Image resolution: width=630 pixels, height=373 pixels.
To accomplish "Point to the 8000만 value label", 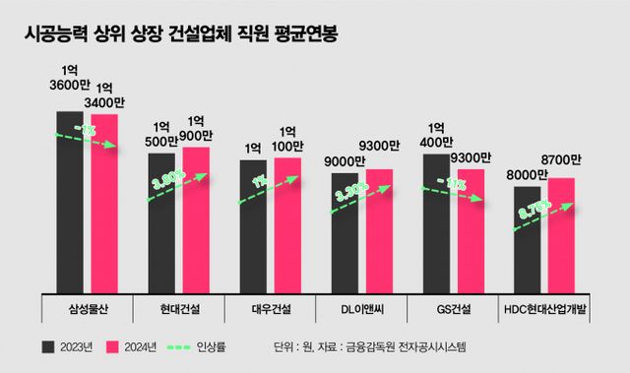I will (528, 174).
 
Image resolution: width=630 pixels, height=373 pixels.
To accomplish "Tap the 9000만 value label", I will (346, 160).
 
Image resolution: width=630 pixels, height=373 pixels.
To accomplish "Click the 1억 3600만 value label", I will (69, 83).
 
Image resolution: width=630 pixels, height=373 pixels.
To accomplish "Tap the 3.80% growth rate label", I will (170, 183).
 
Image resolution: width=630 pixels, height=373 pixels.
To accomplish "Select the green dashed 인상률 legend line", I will (176, 346).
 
